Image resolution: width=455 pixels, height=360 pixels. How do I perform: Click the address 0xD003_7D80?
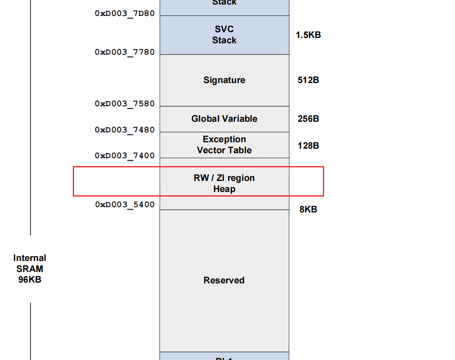point(125,13)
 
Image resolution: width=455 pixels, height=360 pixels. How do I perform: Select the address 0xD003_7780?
point(125,52)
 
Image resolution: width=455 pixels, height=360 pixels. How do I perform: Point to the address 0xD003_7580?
point(125,104)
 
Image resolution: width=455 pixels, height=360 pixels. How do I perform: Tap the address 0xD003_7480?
point(125,130)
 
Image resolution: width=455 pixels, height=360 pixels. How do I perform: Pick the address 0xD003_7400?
point(125,156)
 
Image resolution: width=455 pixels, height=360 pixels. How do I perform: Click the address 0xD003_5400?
point(125,204)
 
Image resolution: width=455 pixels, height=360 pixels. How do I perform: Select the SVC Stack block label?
point(224,35)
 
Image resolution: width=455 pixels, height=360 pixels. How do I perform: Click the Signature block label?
point(224,80)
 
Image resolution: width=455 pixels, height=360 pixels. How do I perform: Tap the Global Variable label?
point(224,119)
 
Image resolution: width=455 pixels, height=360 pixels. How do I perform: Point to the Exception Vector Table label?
point(224,145)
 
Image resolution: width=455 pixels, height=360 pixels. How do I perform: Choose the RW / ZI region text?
point(224,178)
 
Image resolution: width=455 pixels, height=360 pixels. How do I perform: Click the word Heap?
point(224,189)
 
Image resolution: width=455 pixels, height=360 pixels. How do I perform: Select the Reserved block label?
point(224,280)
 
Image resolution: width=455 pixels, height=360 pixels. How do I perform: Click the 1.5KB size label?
point(308,35)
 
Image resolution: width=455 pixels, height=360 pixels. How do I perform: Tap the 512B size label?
point(308,80)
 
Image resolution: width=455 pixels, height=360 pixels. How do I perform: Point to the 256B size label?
point(308,119)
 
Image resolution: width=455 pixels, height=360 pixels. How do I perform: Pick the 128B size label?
point(308,145)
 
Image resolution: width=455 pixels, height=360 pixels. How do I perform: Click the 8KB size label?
point(308,209)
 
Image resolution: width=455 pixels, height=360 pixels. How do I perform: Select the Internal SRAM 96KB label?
point(30,269)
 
